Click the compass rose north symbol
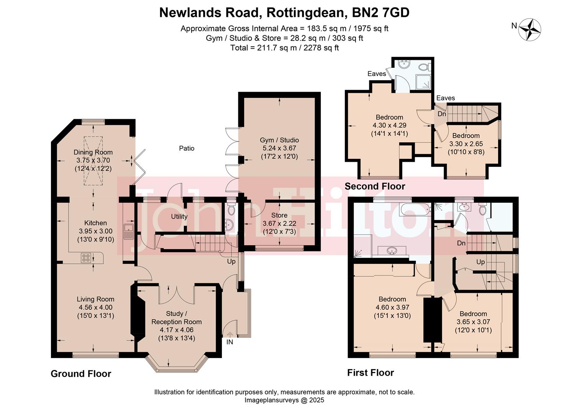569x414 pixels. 529,29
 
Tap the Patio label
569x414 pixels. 187,148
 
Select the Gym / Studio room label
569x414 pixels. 279,140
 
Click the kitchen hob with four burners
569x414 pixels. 86,258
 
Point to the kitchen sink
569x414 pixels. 127,232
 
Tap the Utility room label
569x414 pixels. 179,217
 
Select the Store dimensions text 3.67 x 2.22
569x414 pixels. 279,223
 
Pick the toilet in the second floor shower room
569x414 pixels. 423,67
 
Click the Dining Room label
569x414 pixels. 93,152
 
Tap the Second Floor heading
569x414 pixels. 374,187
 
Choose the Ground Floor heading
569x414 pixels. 81,374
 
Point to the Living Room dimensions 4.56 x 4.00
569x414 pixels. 95,307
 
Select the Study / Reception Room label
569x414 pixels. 176,318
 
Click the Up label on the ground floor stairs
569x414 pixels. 231,261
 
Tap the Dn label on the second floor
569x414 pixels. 441,114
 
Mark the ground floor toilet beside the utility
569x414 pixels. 231,209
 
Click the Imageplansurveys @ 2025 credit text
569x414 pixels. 284,400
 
